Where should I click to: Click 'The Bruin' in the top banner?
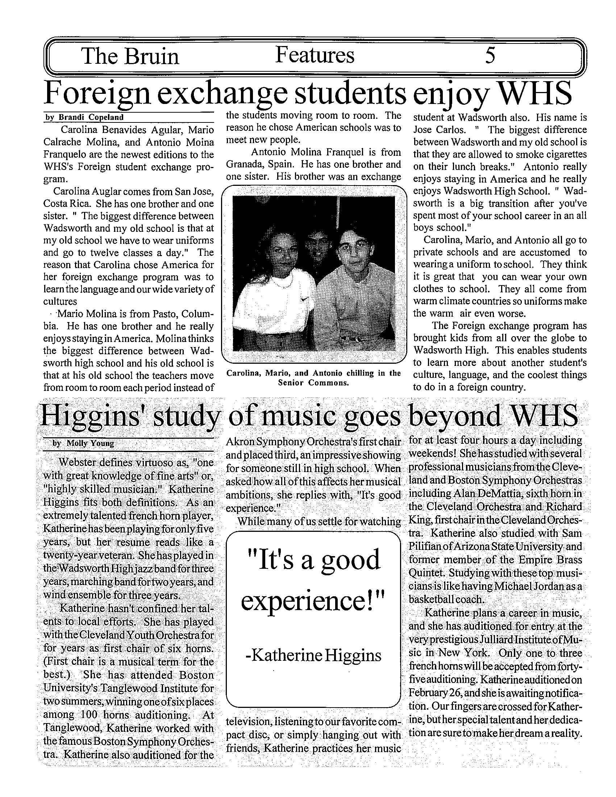coord(130,57)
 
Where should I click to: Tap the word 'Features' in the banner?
coord(314,55)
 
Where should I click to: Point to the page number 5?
coord(490,56)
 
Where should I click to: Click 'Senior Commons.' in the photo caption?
coord(314,383)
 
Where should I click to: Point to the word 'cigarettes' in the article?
coord(566,154)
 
